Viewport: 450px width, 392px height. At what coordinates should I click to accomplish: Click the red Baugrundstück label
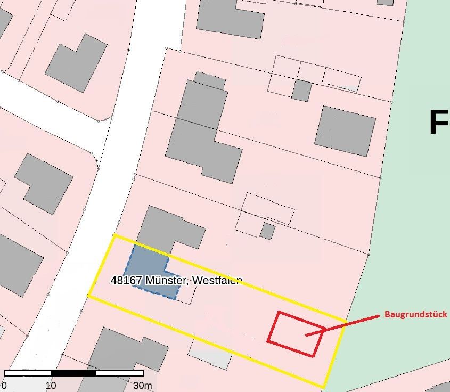pos(416,315)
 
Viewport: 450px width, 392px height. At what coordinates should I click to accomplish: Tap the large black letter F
pos(438,122)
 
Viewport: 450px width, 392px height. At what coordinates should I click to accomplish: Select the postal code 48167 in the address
pos(127,280)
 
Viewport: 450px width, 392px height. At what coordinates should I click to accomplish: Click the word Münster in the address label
pos(167,280)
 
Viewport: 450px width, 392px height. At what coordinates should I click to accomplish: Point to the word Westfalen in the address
pos(217,280)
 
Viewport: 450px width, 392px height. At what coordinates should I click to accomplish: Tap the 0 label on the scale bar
pos(5,386)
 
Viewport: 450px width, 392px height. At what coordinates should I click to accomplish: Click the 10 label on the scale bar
pos(51,386)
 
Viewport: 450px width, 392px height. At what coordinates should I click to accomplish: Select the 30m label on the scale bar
pos(142,386)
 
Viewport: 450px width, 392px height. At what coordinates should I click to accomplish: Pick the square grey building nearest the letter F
pos(345,130)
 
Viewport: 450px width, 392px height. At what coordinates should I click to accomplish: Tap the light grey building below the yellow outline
pos(210,354)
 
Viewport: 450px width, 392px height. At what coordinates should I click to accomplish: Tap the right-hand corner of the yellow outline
pos(345,322)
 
